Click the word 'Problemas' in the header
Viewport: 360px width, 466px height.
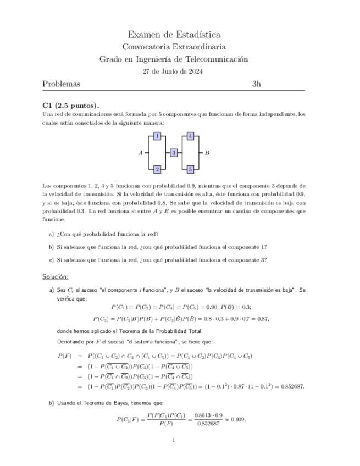62,84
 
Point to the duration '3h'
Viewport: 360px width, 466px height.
256,84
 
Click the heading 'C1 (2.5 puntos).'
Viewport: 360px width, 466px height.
70,106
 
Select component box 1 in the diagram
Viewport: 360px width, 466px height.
157,136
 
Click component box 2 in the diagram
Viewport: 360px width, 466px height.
157,169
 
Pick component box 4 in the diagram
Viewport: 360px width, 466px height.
190,136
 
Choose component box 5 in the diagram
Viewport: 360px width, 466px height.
190,169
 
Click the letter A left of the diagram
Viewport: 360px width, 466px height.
141,153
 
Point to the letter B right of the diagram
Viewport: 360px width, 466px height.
207,153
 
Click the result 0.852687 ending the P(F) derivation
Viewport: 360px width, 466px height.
290,386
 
